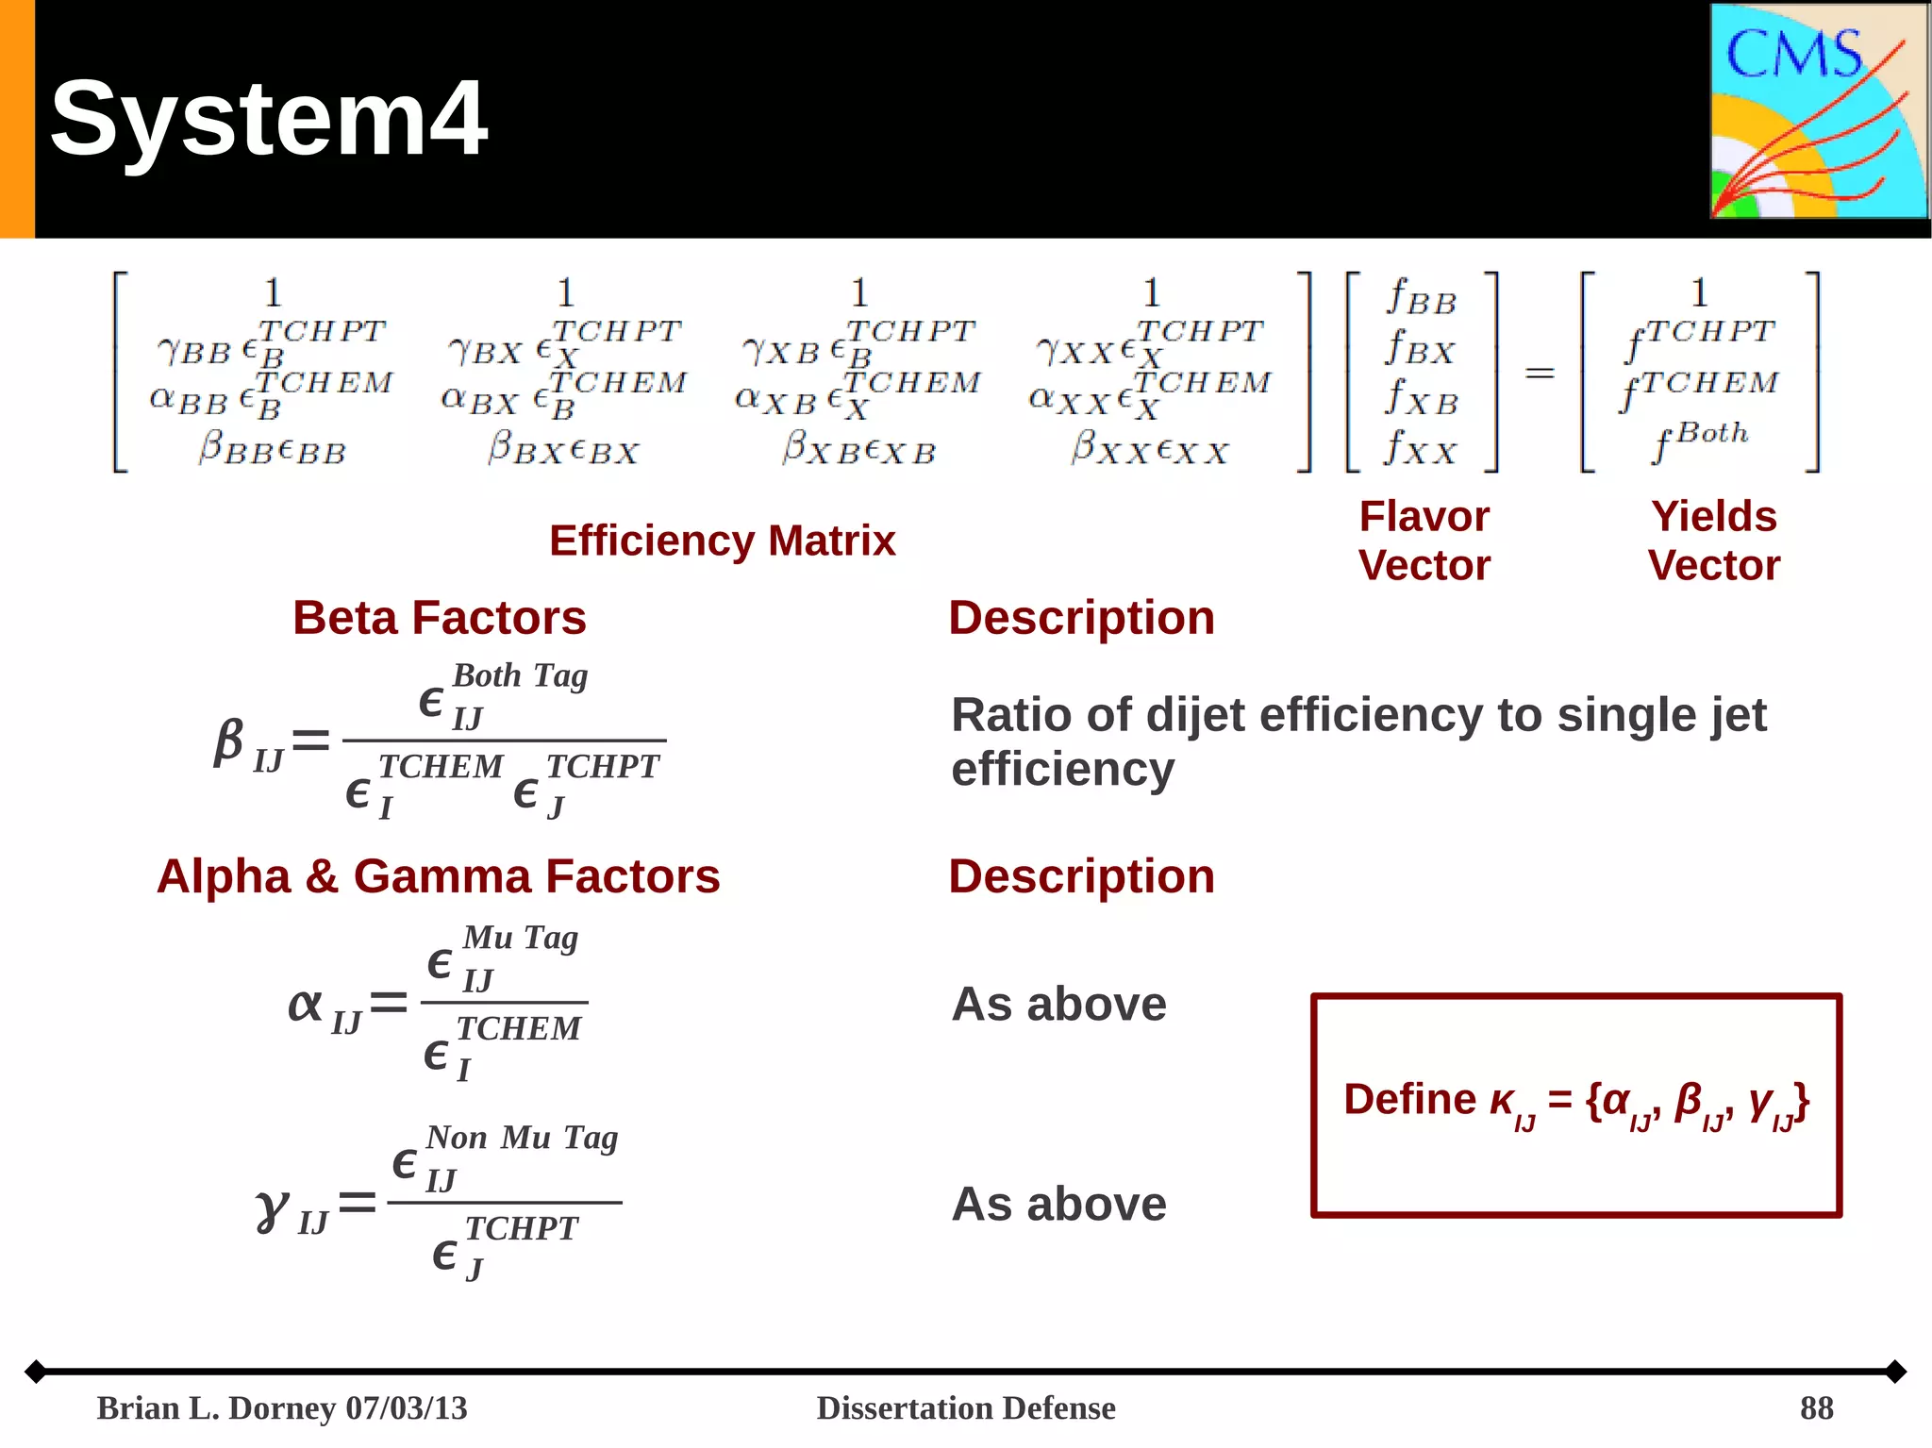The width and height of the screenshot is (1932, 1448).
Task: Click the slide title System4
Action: pyautogui.click(x=269, y=119)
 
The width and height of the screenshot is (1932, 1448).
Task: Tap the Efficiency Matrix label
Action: pyautogui.click(x=722, y=541)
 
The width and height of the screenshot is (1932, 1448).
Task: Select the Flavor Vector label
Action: pyautogui.click(x=1424, y=541)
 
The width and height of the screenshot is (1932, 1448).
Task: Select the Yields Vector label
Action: pyautogui.click(x=1713, y=541)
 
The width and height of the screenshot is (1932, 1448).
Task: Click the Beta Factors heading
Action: pyautogui.click(x=439, y=618)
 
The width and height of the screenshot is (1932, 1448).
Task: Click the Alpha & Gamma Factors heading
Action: pyautogui.click(x=438, y=876)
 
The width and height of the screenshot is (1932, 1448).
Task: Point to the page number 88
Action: pyautogui.click(x=1816, y=1407)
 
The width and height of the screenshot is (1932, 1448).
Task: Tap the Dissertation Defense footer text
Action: pyautogui.click(x=965, y=1407)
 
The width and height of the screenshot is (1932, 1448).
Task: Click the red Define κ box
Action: pyautogui.click(x=1575, y=1105)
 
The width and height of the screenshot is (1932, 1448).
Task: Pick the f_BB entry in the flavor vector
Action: pyautogui.click(x=1422, y=298)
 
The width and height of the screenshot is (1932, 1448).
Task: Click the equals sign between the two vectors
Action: pyautogui.click(x=1540, y=374)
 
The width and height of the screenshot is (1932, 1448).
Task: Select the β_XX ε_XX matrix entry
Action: pyautogui.click(x=1150, y=448)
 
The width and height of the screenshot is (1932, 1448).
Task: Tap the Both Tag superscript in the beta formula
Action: pyautogui.click(x=520, y=675)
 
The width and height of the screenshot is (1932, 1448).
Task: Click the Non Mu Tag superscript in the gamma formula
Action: pyautogui.click(x=522, y=1138)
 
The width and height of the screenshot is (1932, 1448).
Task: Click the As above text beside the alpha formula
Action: pyautogui.click(x=1058, y=1004)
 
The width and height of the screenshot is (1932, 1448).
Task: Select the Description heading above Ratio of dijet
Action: pyautogui.click(x=1081, y=618)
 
